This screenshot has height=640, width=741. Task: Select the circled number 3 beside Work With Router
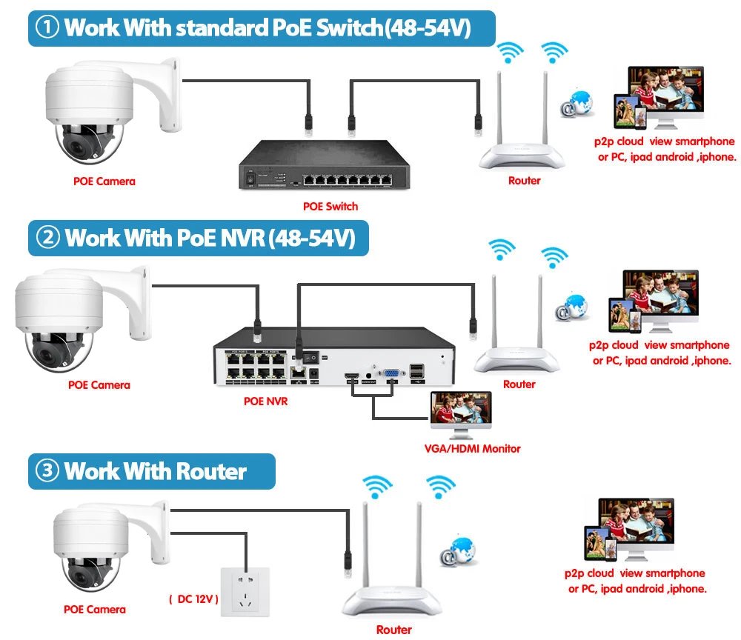point(47,471)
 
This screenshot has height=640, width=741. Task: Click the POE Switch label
point(330,206)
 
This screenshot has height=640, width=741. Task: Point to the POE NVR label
point(265,401)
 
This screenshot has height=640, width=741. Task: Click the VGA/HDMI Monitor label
point(472,448)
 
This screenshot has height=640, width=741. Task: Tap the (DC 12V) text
point(193,599)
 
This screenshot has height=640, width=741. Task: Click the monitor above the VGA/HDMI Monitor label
point(461,414)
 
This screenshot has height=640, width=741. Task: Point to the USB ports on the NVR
point(416,373)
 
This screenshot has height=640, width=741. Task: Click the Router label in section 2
point(519,384)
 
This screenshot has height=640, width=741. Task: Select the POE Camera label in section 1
point(104,181)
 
